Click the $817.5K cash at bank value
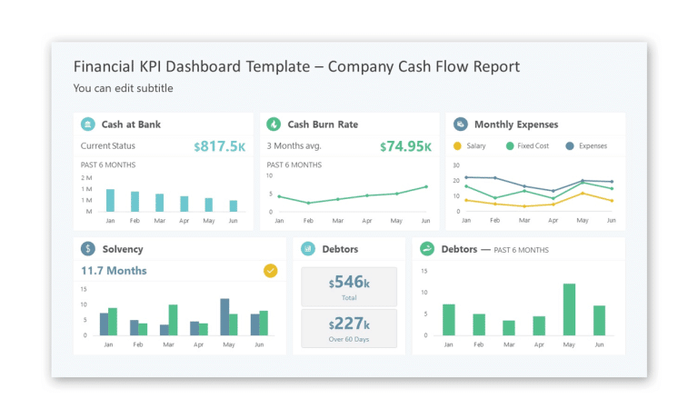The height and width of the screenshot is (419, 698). [x=219, y=146]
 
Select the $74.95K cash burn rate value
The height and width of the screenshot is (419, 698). [x=404, y=146]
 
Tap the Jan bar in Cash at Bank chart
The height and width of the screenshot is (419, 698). [x=110, y=200]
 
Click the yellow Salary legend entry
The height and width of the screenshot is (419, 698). [x=470, y=146]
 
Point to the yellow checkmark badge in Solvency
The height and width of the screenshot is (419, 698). [x=270, y=270]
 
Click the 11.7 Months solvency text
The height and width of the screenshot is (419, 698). [x=114, y=271]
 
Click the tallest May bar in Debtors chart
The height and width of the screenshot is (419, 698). [x=569, y=309]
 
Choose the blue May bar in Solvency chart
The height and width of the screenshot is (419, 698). [x=224, y=317]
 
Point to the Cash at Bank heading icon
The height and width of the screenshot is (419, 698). [x=87, y=125]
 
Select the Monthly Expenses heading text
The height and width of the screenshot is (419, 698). [x=516, y=125]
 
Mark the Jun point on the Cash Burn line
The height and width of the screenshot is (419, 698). [x=426, y=187]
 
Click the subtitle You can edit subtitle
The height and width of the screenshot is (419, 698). [x=123, y=88]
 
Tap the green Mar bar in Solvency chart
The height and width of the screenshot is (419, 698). [x=173, y=320]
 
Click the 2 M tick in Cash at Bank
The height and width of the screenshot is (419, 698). [x=86, y=178]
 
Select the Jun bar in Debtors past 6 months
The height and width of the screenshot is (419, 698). [x=599, y=320]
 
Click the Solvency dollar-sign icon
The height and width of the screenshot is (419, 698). [x=87, y=248]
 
